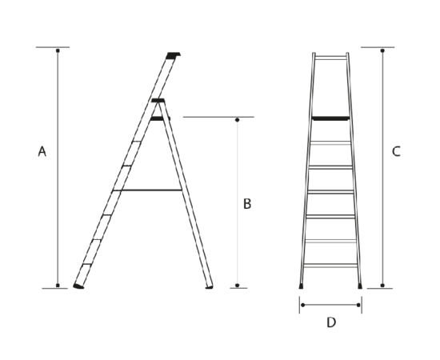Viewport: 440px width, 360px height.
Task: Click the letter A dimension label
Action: click(42, 151)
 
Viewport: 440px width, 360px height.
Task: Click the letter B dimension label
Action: click(247, 204)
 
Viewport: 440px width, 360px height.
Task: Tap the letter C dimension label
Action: click(396, 151)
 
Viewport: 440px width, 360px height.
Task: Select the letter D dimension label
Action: click(331, 322)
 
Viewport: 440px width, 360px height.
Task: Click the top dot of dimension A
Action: click(58, 50)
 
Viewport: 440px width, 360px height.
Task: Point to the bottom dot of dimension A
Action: click(58, 286)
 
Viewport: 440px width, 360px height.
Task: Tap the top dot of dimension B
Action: click(237, 120)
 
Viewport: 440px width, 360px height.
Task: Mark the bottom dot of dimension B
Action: click(237, 286)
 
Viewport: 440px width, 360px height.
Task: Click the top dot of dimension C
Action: click(382, 50)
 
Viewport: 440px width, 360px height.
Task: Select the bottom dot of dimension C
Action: click(382, 286)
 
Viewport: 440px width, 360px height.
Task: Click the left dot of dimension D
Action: click(302, 305)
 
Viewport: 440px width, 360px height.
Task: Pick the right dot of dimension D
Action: click(358, 305)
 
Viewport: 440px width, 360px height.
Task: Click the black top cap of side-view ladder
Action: click(173, 55)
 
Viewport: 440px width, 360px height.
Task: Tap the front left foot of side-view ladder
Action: click(78, 286)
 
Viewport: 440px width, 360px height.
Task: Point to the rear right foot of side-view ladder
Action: click(209, 287)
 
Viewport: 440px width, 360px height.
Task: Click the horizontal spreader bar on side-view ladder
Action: click(147, 190)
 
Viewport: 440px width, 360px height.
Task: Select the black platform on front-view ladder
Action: click(331, 118)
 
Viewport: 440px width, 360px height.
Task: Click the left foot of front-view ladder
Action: click(301, 286)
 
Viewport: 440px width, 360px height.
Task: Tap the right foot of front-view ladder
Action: click(360, 286)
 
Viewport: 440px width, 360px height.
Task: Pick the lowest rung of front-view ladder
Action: click(330, 265)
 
